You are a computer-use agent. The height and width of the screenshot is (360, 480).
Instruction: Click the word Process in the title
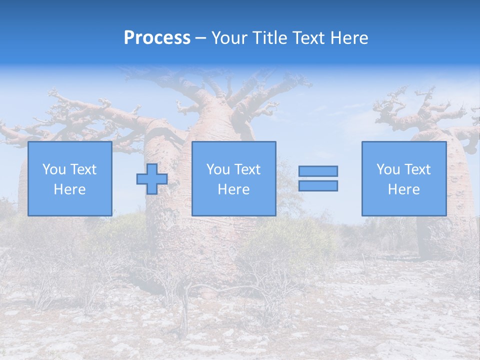157,38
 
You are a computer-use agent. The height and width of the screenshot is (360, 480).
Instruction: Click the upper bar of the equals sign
318,171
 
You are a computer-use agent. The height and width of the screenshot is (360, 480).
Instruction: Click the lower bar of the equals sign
318,186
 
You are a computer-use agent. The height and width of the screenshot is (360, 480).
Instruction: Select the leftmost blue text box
69,178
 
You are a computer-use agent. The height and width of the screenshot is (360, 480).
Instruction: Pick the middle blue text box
233,178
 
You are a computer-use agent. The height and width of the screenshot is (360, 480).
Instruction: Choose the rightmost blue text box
403,178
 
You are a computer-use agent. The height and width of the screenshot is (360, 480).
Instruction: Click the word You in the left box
54,169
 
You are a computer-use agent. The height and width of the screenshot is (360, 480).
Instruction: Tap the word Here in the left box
69,189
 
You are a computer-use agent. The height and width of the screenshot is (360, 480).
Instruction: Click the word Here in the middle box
233,189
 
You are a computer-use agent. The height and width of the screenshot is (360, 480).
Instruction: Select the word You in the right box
388,169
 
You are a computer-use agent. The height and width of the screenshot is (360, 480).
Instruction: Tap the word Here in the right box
403,189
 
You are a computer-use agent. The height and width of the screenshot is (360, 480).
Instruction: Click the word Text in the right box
417,169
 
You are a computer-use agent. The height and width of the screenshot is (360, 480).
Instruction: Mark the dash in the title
200,38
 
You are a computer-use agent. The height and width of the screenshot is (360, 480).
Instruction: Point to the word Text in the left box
83,169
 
